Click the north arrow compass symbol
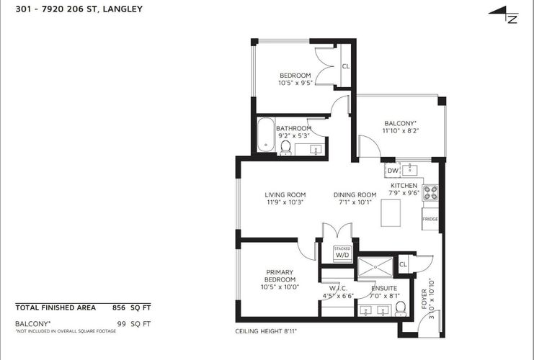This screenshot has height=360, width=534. click(504, 14)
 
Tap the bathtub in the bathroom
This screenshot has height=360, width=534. click(266, 135)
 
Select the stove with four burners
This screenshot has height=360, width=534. click(430, 192)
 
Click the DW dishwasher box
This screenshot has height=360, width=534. click(392, 171)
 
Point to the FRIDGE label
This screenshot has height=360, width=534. click(430, 219)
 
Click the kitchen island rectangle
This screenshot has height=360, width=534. click(391, 213)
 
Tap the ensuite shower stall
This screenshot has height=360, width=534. click(375, 267)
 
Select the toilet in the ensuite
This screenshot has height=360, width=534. click(401, 308)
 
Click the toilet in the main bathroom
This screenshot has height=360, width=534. click(285, 148)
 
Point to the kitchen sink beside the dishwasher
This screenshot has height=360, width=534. click(410, 169)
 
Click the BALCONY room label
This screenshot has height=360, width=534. click(400, 123)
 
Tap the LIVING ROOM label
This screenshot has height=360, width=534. click(285, 194)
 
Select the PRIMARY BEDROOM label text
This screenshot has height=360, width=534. click(280, 276)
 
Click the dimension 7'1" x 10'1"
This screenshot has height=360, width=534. click(355, 202)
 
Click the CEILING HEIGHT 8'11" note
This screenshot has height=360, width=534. click(266, 331)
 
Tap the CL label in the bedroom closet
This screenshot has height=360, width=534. click(346, 66)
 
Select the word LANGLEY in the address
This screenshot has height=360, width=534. click(123, 9)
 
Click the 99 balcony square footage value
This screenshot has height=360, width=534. click(121, 323)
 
